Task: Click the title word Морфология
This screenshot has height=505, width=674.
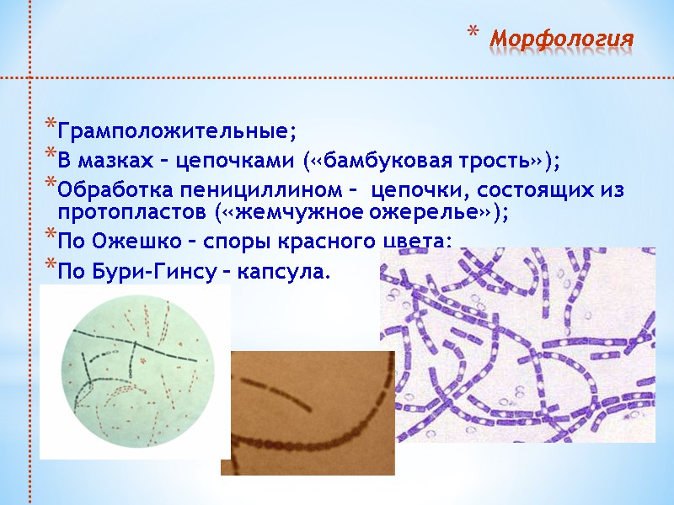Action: coord(561,40)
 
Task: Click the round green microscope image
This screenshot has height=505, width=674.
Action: coord(135,371)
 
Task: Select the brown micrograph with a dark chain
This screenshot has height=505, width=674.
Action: coord(307,412)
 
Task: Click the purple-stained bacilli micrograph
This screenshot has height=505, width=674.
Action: coord(517,345)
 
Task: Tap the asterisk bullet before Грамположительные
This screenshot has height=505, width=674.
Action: coord(51,130)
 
